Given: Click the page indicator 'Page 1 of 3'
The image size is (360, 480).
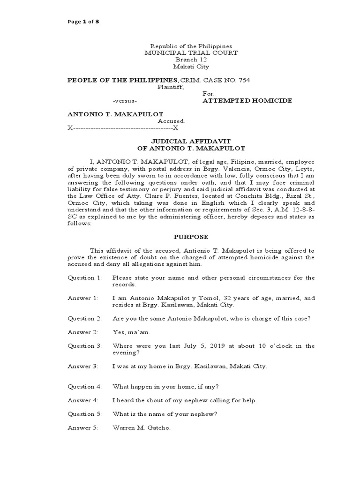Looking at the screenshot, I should (x=83, y=22).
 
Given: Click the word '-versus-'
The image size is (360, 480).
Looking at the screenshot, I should (x=125, y=101).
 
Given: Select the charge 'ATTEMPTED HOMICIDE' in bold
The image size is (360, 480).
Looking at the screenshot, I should (x=247, y=101).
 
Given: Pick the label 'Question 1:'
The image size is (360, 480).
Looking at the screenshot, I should (x=84, y=278).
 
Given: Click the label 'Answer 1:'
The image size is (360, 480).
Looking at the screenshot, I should (x=82, y=298).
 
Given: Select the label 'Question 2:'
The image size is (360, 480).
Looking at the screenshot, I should (x=84, y=319).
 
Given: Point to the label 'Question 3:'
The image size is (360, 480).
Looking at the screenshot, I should (x=84, y=346).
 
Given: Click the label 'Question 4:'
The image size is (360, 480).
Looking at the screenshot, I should (x=84, y=387).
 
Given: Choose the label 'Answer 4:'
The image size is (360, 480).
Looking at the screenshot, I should (x=82, y=400).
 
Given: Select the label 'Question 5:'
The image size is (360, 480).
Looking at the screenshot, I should (x=84, y=414).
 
